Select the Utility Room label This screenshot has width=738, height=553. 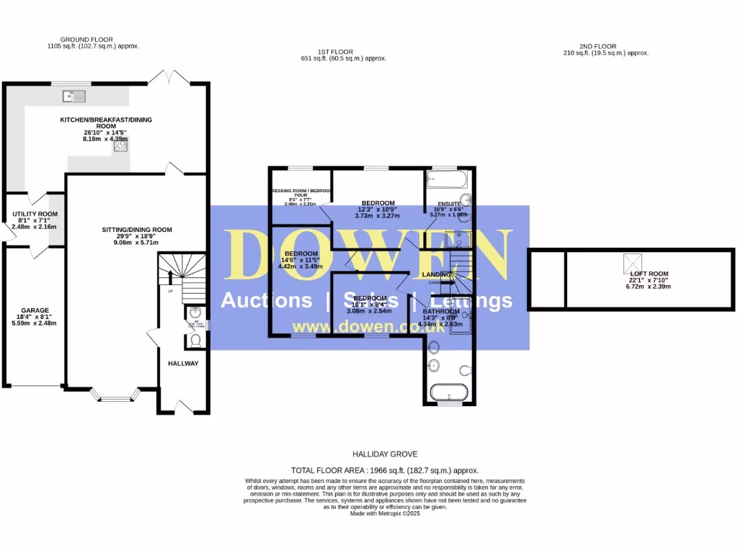(34, 214)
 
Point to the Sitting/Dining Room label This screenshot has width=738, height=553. (137, 230)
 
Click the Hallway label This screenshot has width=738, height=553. (183, 363)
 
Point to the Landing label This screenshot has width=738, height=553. (437, 274)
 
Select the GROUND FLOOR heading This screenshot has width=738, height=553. (86, 40)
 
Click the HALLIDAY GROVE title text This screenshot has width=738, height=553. (385, 454)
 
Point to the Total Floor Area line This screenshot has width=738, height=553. (385, 469)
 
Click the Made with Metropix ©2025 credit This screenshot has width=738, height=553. (385, 513)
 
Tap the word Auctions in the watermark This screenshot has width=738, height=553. (267, 300)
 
